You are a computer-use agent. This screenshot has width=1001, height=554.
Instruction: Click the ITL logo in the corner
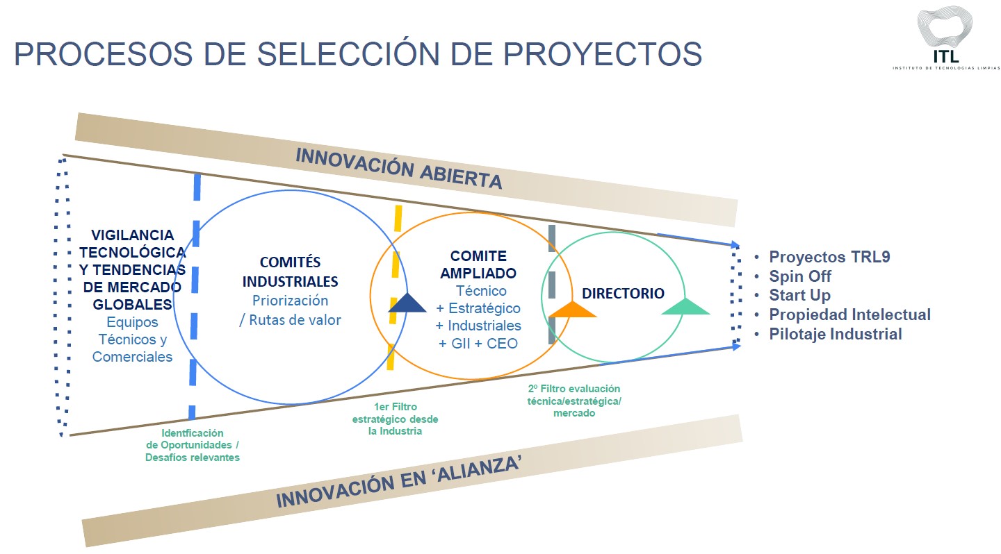tap(945, 38)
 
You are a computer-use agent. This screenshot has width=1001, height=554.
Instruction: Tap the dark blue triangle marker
tap(407, 303)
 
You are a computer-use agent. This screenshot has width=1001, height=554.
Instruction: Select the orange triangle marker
tap(572, 309)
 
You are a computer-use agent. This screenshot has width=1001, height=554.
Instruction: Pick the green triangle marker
tap(685, 306)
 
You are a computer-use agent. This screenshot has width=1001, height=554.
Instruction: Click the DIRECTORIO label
tap(623, 293)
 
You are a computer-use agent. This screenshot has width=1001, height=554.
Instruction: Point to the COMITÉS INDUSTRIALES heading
tap(290, 271)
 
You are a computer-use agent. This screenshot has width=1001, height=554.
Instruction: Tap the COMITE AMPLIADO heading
tap(478, 265)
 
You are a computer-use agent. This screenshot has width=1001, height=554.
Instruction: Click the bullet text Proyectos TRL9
tap(829, 257)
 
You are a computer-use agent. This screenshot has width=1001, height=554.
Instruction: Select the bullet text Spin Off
tap(800, 276)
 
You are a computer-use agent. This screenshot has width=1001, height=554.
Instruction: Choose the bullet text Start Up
tap(799, 295)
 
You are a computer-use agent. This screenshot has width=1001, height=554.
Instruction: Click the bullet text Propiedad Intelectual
tap(849, 314)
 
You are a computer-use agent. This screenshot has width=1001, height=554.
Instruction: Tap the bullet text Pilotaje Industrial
tap(836, 334)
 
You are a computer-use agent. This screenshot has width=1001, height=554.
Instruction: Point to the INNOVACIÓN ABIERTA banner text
tap(398, 168)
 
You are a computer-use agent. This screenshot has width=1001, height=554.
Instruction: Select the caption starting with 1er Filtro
tap(395, 419)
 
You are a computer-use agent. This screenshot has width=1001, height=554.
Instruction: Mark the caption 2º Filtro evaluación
tap(574, 401)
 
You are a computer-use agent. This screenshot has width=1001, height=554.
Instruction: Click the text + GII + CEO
tap(478, 343)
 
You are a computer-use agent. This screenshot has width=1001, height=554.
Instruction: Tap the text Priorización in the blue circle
tap(290, 301)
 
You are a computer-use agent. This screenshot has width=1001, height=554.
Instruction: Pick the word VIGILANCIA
tap(133, 235)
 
